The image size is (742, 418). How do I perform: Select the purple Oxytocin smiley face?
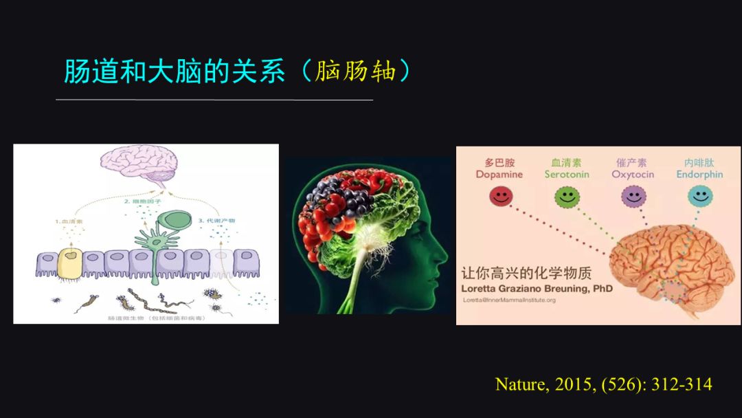tap(633, 196)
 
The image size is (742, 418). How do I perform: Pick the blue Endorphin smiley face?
tap(699, 196)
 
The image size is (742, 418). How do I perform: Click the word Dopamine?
tap(499, 175)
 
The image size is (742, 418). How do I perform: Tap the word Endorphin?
tap(699, 175)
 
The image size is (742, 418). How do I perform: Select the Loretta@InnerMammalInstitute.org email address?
tap(509, 300)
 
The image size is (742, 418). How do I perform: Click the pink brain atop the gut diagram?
tap(139, 164)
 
